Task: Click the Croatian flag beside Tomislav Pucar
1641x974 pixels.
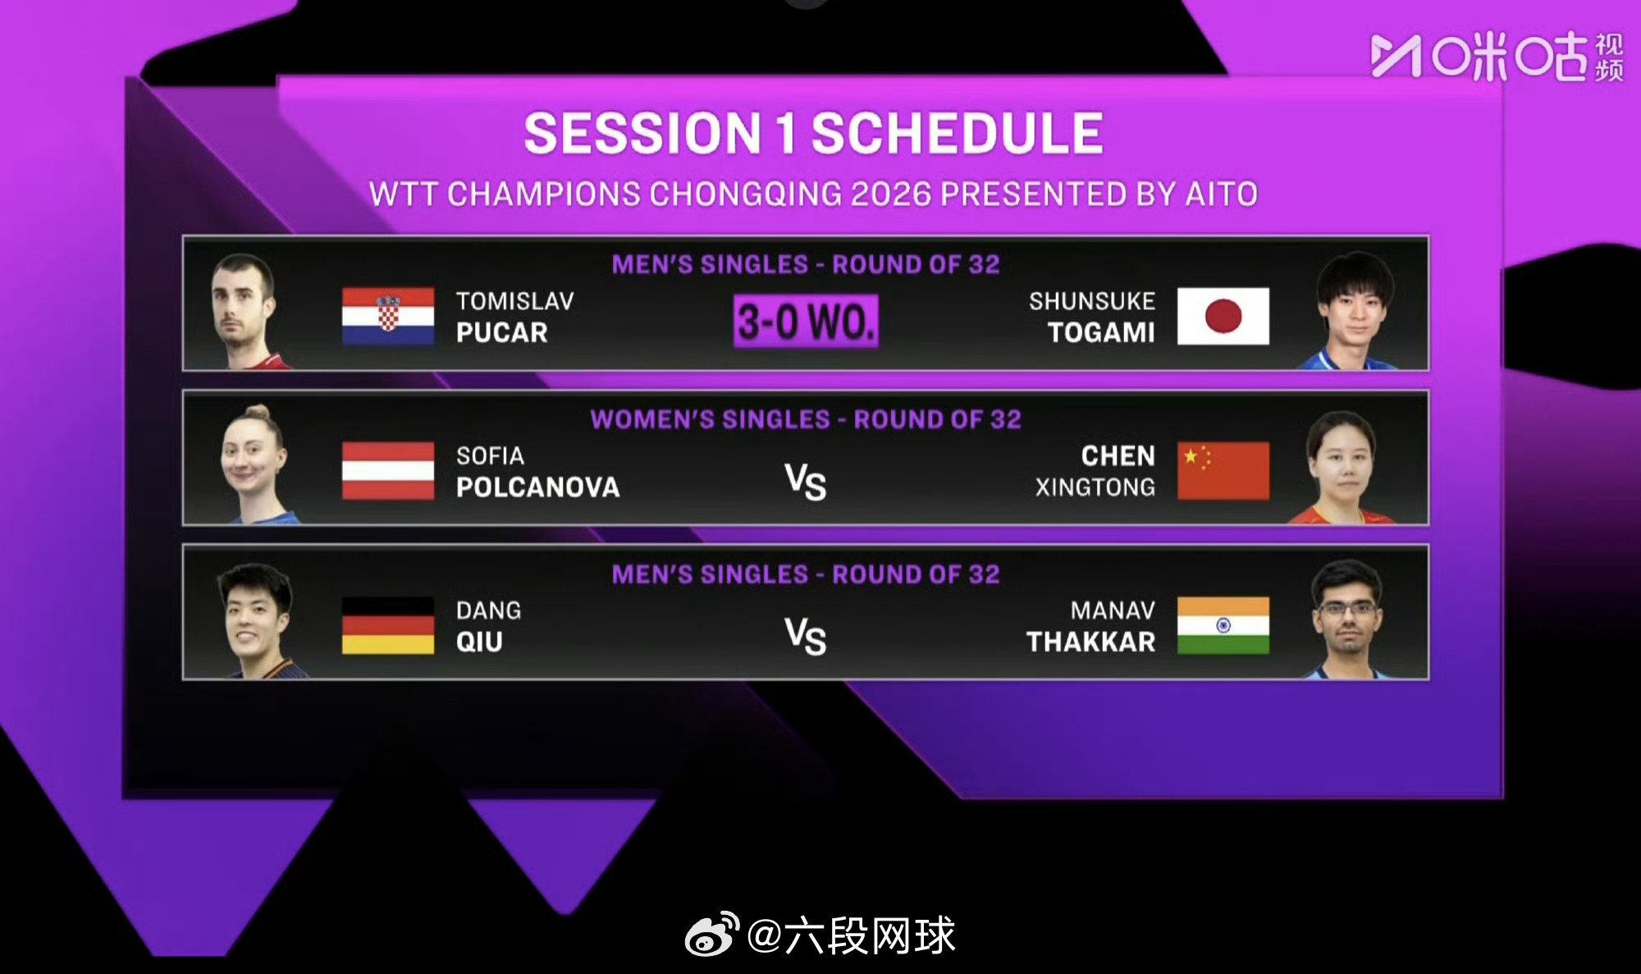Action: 388,316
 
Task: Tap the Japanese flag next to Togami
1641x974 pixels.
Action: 1223,316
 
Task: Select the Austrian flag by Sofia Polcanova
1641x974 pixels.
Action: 388,470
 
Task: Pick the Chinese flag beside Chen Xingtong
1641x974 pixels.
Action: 1223,470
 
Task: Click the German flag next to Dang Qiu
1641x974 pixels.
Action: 388,625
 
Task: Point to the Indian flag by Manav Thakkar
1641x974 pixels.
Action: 1223,625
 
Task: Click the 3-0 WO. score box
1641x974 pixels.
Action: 806,321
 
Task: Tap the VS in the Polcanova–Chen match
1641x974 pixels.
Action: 806,482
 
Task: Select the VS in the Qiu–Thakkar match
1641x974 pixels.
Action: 806,637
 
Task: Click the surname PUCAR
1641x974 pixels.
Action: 502,332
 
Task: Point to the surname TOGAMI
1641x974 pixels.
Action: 1101,332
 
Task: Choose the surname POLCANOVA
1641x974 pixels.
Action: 538,487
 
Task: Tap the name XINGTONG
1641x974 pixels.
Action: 1095,487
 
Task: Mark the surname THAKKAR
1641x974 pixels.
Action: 1091,642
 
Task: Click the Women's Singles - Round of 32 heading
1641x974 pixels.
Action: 806,419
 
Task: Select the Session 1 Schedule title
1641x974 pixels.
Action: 814,133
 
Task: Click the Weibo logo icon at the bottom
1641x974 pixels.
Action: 711,934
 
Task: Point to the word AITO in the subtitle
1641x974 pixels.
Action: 1222,194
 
